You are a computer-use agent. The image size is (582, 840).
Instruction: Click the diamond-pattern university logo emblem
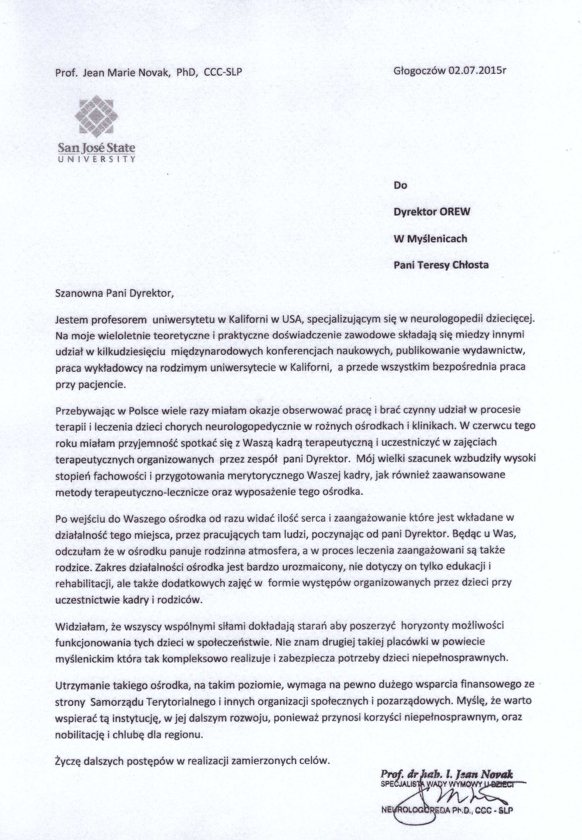click(97, 116)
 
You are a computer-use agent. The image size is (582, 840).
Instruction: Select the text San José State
click(97, 148)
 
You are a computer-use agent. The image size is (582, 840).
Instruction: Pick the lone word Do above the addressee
click(400, 185)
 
